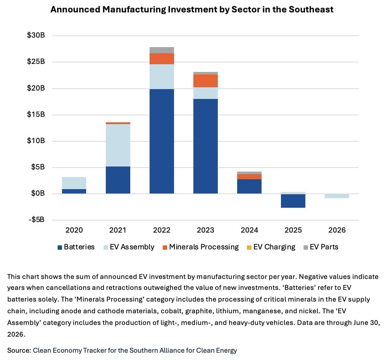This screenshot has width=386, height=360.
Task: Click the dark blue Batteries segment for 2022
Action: (x=162, y=141)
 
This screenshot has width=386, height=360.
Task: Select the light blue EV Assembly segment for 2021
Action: (x=118, y=145)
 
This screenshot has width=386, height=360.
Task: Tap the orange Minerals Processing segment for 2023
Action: (x=205, y=81)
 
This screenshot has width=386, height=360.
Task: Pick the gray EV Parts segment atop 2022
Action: (x=162, y=50)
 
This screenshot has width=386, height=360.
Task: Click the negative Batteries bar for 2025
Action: (x=293, y=201)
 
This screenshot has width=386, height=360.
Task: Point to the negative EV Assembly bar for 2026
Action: (x=337, y=196)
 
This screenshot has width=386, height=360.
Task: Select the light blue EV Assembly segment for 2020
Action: (x=74, y=183)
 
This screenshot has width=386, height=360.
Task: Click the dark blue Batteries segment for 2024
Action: (x=250, y=187)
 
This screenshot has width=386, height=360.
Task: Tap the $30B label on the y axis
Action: (x=36, y=35)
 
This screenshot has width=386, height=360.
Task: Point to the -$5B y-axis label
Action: (x=37, y=219)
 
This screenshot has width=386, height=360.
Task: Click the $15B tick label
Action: (x=36, y=114)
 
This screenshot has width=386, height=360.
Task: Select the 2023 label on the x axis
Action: (x=205, y=230)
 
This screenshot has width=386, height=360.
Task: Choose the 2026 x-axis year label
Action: (x=337, y=230)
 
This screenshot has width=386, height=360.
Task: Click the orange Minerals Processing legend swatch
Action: (x=165, y=248)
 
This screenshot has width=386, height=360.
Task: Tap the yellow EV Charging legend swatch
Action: (x=249, y=248)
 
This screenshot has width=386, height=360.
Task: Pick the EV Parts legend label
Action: (x=324, y=247)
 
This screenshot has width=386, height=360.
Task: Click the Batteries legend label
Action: (x=79, y=247)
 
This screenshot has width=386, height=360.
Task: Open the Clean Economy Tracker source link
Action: (x=135, y=351)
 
